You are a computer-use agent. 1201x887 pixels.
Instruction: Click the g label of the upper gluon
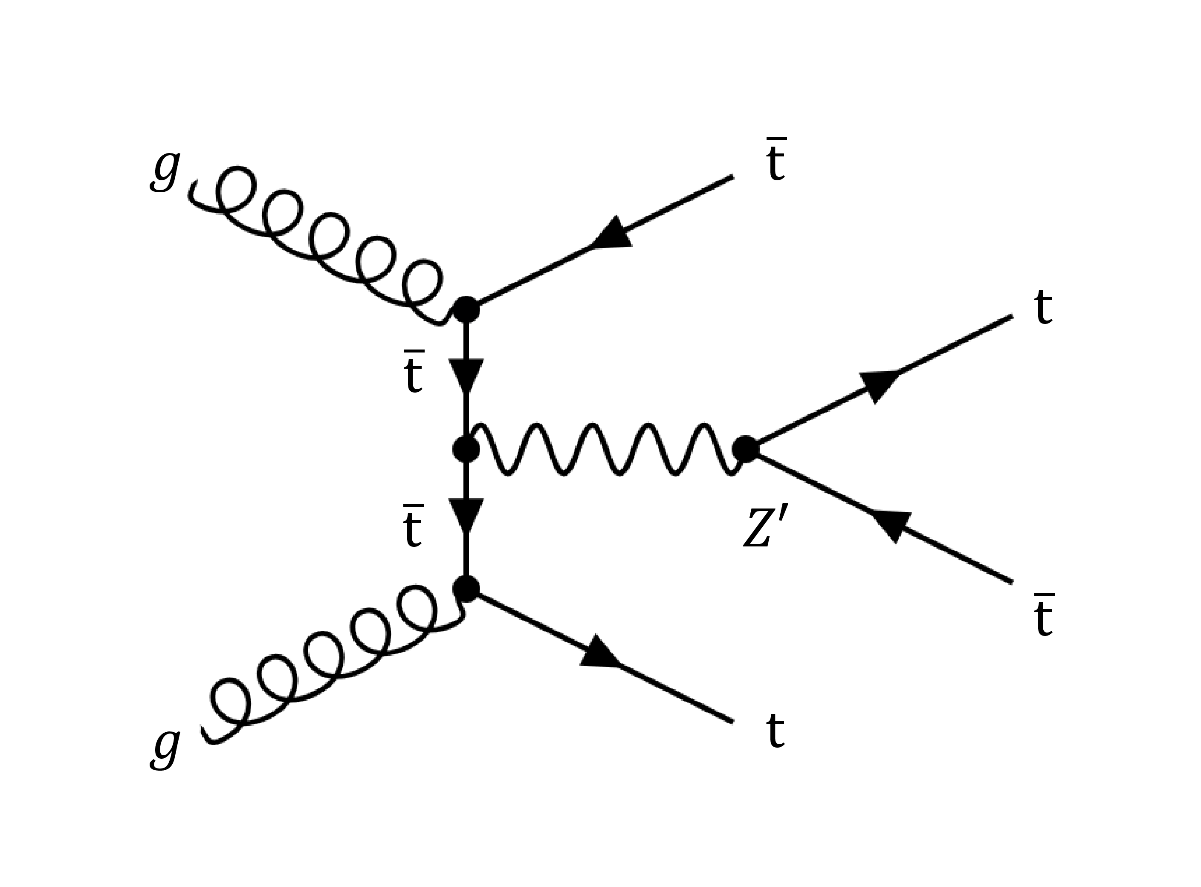tap(165, 171)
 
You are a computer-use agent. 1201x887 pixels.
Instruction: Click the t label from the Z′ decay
tap(1043, 308)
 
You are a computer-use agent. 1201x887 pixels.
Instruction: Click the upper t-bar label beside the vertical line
tap(414, 372)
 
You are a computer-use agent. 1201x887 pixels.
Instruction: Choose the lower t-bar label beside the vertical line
tap(413, 526)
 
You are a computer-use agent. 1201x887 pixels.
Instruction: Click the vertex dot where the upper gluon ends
tap(466, 310)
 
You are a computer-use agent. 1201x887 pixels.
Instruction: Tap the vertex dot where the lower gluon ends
tap(466, 589)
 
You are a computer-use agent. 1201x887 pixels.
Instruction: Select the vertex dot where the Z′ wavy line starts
tap(466, 449)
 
